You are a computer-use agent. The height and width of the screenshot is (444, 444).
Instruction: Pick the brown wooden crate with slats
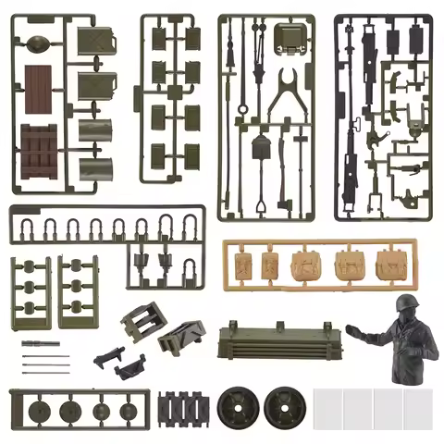(x=39, y=150)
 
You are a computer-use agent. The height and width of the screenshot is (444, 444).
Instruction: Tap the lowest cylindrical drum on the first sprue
(x=95, y=168)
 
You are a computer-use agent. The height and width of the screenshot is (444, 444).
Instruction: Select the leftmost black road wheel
(x=235, y=406)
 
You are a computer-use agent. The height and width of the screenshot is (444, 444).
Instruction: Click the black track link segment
(x=184, y=407)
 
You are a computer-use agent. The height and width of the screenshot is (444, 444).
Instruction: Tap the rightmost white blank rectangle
(x=418, y=409)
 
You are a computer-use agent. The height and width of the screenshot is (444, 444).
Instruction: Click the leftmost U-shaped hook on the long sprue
(x=28, y=228)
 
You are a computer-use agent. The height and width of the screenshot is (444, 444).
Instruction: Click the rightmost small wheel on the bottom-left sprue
(x=127, y=410)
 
